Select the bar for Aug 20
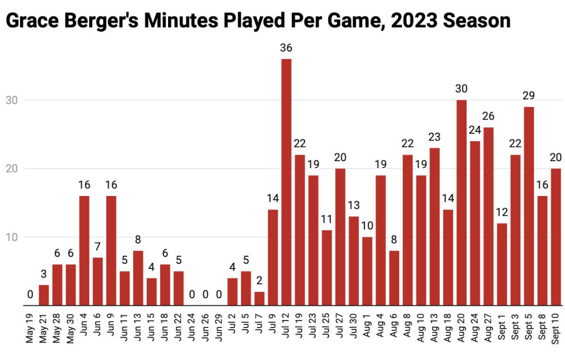pos(461,203)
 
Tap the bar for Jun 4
pos(84,251)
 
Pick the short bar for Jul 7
pos(259,299)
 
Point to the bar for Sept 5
pos(529,206)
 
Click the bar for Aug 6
pos(394,278)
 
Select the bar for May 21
pos(44,295)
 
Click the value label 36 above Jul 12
pos(286,48)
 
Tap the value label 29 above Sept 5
pos(529,96)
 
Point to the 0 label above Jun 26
pos(205,295)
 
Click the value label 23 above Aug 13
pos(435,137)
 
